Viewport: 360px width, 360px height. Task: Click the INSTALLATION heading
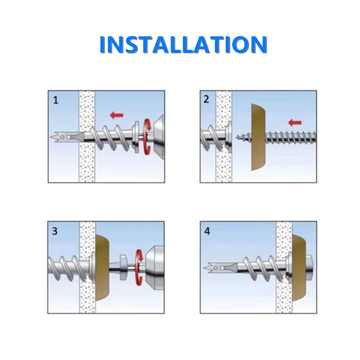pos(183,44)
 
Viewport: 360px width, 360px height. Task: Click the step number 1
pos(55,100)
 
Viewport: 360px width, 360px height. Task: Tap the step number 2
pos(206,99)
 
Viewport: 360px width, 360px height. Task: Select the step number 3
pos(55,231)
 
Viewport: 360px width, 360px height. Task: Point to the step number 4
pos(207,231)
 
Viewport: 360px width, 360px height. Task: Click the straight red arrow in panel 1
pos(117,115)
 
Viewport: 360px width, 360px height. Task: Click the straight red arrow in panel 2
pos(295,123)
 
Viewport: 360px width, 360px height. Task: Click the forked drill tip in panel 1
pos(56,137)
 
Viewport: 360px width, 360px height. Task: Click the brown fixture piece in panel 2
pos(258,137)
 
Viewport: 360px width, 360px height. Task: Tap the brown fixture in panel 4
pos(299,267)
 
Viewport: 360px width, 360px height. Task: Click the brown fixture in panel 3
pos(102,267)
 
